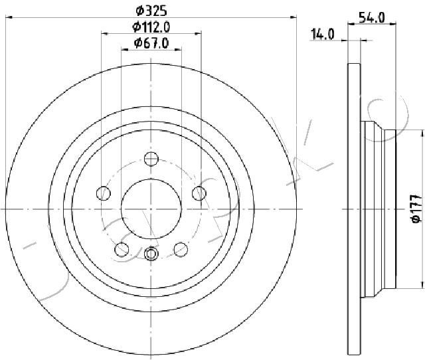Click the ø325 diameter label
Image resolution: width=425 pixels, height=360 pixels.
[151, 11]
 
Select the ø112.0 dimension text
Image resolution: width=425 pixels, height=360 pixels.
[151, 27]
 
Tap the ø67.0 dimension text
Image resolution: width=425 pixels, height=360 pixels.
[151, 43]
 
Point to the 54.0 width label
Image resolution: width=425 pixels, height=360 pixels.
[371, 18]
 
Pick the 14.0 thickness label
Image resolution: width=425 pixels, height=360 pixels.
[323, 35]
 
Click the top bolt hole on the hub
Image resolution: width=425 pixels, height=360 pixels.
[151, 159]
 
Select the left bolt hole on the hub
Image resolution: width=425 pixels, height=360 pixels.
[104, 193]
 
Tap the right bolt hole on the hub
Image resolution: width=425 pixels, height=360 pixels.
[199, 193]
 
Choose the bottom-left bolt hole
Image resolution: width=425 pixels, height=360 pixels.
[122, 249]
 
